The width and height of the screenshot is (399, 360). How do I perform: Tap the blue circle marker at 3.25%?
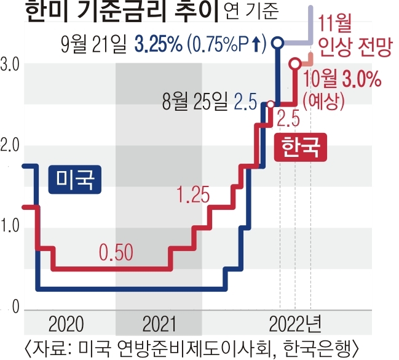click(277, 43)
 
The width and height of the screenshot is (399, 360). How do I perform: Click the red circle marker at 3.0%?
click(296, 63)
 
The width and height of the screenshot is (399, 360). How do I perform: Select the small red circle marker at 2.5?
click(271, 104)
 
